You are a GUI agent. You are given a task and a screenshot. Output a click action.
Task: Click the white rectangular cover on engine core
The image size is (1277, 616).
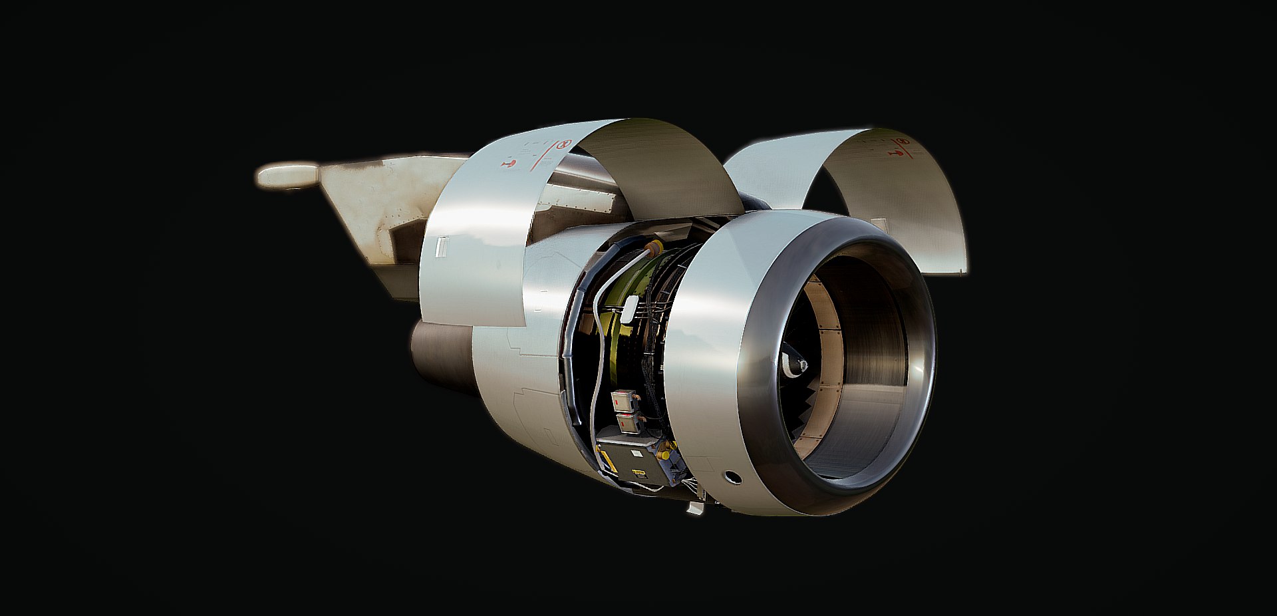point(629,309)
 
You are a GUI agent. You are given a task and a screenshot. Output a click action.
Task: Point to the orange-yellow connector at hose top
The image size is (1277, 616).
point(653,249)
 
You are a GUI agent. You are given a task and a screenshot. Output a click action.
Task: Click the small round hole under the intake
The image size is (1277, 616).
point(732,476)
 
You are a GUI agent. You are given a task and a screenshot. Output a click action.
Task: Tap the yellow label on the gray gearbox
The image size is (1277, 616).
point(639,473)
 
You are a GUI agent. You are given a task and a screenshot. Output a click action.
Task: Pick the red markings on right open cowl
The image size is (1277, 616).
point(902,149)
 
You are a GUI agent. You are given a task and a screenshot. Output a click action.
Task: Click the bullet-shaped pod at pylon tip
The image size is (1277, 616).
point(287,176)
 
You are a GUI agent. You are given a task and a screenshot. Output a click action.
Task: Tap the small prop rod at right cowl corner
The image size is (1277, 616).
point(962,269)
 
